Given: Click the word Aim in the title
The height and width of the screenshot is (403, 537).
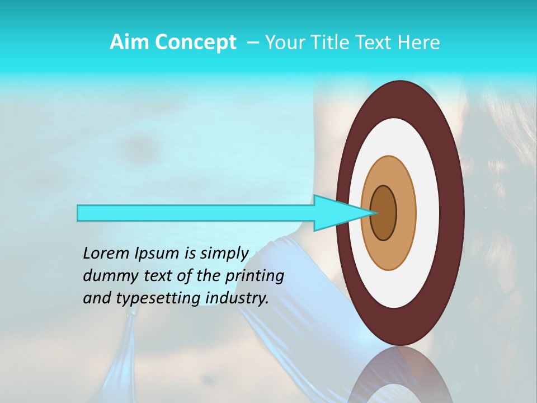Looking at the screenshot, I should click(128, 43).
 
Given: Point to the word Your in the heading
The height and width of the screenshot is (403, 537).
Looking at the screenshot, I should click(284, 43).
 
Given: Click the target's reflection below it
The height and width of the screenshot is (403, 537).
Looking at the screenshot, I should click(399, 375).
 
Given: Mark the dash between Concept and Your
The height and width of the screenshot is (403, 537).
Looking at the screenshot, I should click(252, 43).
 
